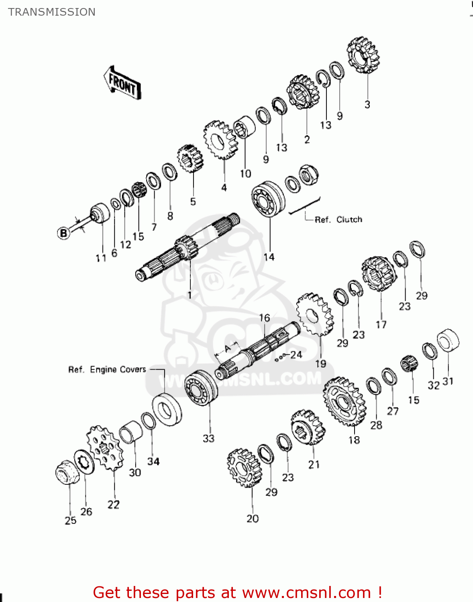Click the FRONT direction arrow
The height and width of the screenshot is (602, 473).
click(122, 83)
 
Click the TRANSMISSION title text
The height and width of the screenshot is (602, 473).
click(52, 12)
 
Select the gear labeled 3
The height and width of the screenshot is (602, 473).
click(363, 55)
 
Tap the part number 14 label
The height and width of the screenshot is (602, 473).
click(269, 257)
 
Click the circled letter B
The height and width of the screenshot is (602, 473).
click(63, 233)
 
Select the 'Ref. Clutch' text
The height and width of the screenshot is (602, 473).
click(338, 220)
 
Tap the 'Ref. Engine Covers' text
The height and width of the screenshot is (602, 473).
click(107, 369)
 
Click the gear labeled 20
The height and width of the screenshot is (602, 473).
click(244, 468)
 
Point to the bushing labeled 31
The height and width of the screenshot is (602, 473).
click(448, 341)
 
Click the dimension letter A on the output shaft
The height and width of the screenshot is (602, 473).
click(228, 348)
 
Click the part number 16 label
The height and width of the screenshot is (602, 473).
click(264, 318)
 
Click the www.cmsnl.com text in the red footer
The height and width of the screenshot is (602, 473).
click(306, 593)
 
